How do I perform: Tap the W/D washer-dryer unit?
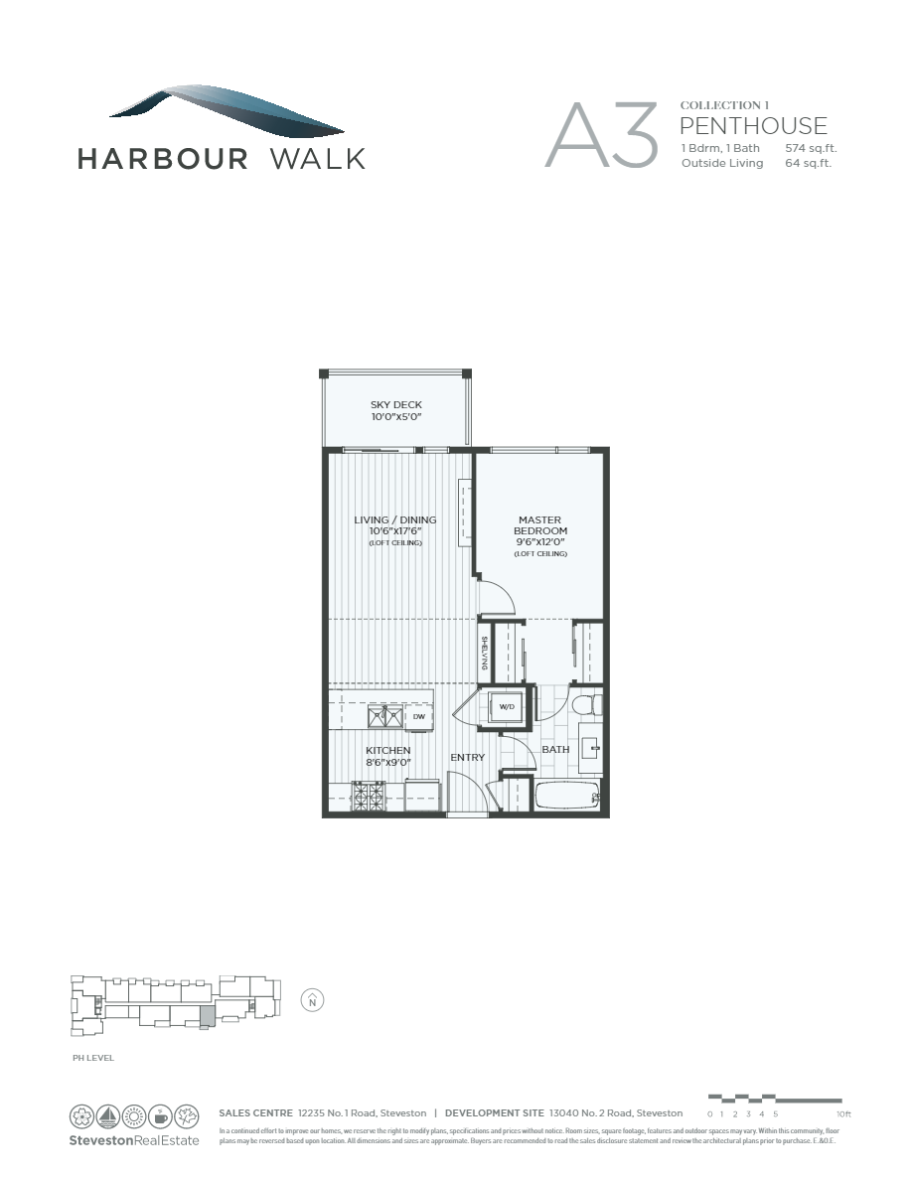(x=507, y=707)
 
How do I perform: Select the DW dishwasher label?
(x=419, y=716)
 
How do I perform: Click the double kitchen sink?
(x=383, y=715)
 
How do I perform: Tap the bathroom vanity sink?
(x=590, y=750)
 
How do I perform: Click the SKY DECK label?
(x=396, y=405)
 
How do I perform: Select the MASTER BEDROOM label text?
(x=540, y=525)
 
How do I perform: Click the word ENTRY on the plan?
(x=467, y=758)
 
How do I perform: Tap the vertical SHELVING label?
(x=484, y=652)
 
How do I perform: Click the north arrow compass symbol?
(x=312, y=1000)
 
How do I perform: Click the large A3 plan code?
(x=601, y=135)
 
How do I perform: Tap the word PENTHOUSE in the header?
(x=753, y=125)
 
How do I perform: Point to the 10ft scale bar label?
(x=843, y=1114)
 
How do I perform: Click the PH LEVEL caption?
(x=93, y=1058)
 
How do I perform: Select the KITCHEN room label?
(x=387, y=751)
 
